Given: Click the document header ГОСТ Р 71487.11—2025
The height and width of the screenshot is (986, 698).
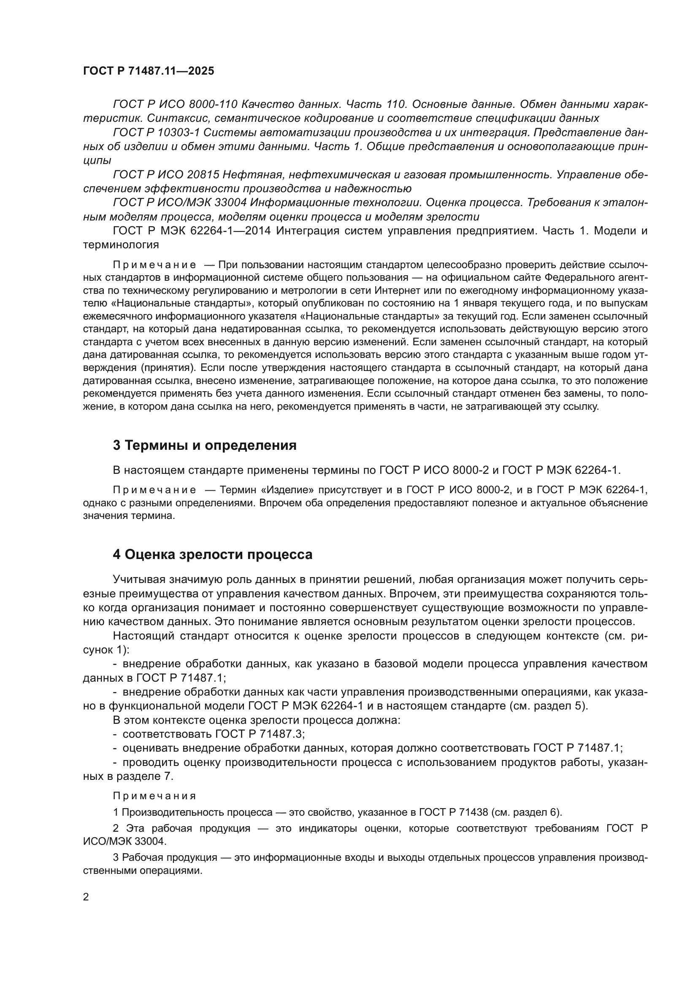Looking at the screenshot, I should coord(148,71).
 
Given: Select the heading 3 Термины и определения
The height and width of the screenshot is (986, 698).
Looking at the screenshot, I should coord(205,445).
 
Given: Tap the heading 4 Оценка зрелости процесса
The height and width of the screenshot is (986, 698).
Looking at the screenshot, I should coord(212,555).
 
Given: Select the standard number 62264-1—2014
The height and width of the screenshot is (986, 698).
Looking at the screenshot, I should coord(230,231).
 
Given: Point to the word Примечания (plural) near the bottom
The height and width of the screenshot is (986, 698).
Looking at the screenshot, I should coord(154,796).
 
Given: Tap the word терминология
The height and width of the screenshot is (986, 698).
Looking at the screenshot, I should coord(121,245).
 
